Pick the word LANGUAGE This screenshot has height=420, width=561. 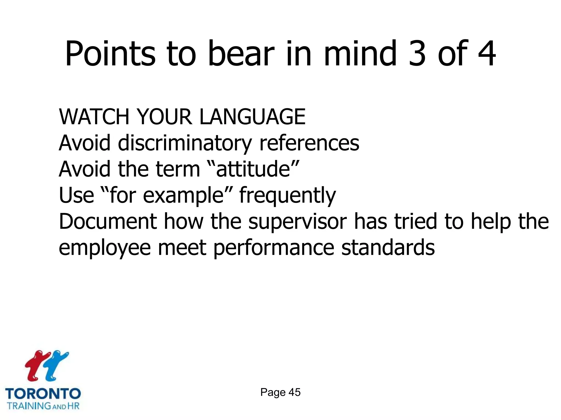pyautogui.click(x=252, y=117)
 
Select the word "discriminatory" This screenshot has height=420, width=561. pyautogui.click(x=185, y=143)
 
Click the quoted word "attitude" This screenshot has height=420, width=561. pyautogui.click(x=253, y=169)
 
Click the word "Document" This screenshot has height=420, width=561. pyautogui.click(x=108, y=221)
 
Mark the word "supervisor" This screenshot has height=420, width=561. pyautogui.click(x=297, y=222)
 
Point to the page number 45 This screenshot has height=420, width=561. pyautogui.click(x=294, y=392)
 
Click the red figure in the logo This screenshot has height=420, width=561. pyautogui.click(x=36, y=365)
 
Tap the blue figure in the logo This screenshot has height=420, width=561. pyautogui.click(x=56, y=365)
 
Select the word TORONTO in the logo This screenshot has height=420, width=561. pyautogui.click(x=43, y=393)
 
